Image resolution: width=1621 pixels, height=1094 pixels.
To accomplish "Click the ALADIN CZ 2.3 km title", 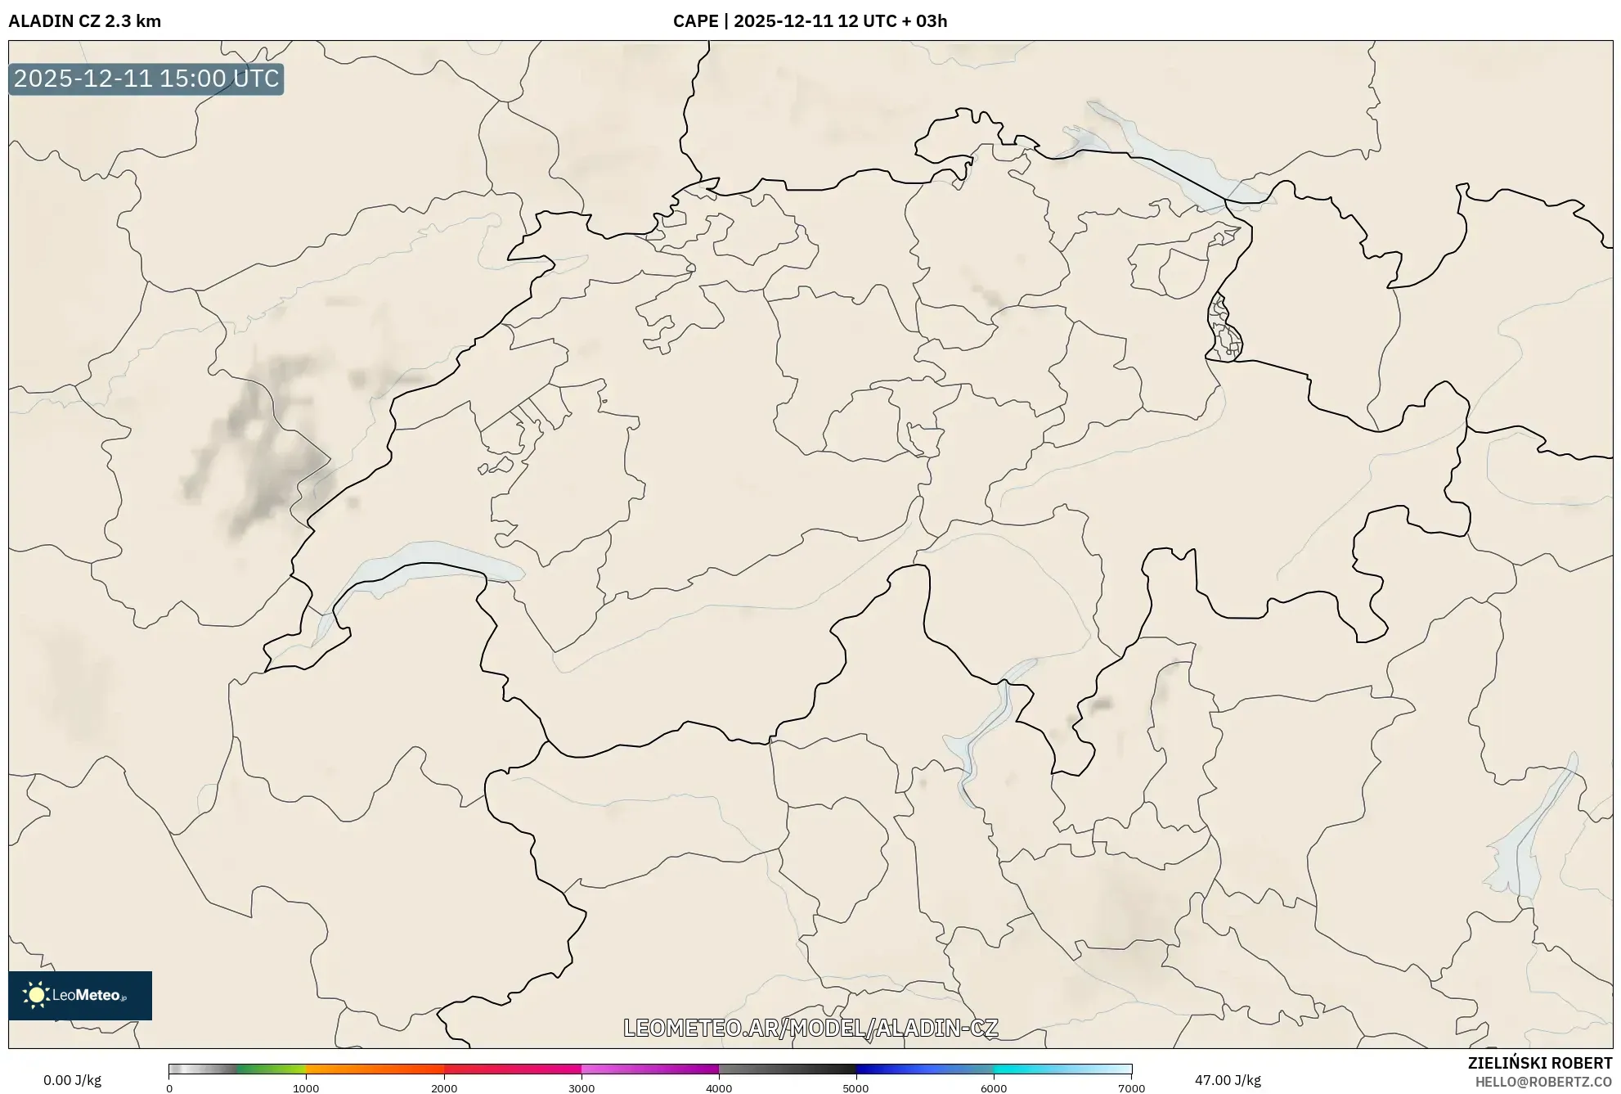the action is pyautogui.click(x=84, y=21).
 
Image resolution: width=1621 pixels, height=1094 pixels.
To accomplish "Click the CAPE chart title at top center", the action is pyautogui.click(x=810, y=21).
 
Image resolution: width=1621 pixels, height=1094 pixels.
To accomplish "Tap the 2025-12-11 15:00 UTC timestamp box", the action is pyautogui.click(x=146, y=79).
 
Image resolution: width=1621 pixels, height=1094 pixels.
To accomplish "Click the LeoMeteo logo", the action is pyautogui.click(x=80, y=995).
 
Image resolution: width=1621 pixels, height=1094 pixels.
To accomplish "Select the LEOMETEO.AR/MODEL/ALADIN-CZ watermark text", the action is pyautogui.click(x=810, y=1028).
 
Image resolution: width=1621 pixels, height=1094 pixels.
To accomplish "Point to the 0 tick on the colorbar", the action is pyautogui.click(x=169, y=1088).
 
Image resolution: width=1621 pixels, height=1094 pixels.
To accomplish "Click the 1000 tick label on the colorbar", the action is pyautogui.click(x=306, y=1088).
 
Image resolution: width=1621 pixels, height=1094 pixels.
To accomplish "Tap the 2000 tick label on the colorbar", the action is pyautogui.click(x=444, y=1088).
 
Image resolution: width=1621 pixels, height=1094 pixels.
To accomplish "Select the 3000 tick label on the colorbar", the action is pyautogui.click(x=581, y=1088).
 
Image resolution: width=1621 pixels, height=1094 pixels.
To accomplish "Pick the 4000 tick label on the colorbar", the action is pyautogui.click(x=719, y=1088).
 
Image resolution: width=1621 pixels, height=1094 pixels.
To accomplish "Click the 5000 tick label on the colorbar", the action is pyautogui.click(x=856, y=1088).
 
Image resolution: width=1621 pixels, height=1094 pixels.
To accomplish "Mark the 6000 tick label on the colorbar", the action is pyautogui.click(x=994, y=1088).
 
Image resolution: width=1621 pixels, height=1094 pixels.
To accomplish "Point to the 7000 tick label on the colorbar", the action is pyautogui.click(x=1131, y=1088).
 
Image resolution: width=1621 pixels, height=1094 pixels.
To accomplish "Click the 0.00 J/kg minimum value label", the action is pyautogui.click(x=72, y=1080).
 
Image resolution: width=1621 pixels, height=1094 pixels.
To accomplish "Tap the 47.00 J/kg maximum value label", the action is pyautogui.click(x=1228, y=1080).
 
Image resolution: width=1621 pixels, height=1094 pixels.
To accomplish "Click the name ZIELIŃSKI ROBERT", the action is pyautogui.click(x=1540, y=1063).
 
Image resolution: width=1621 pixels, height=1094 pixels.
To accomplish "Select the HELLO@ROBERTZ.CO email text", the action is pyautogui.click(x=1543, y=1082).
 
